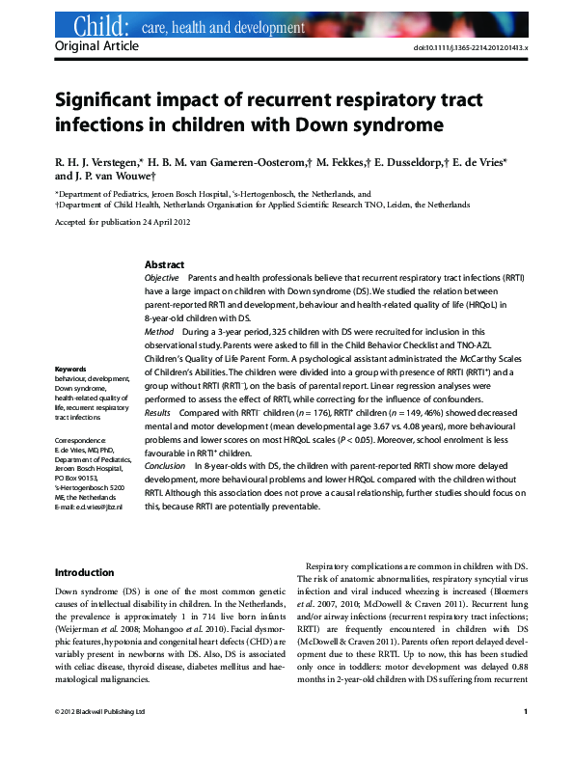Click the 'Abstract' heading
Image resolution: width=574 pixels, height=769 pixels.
pyautogui.click(x=165, y=264)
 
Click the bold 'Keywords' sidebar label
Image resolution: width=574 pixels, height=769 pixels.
pyautogui.click(x=71, y=370)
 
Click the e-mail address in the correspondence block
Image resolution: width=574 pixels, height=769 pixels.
pyautogui.click(x=89, y=507)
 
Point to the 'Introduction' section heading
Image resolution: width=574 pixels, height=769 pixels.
pyautogui.click(x=85, y=572)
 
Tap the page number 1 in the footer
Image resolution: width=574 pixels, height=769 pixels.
pyautogui.click(x=525, y=739)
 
